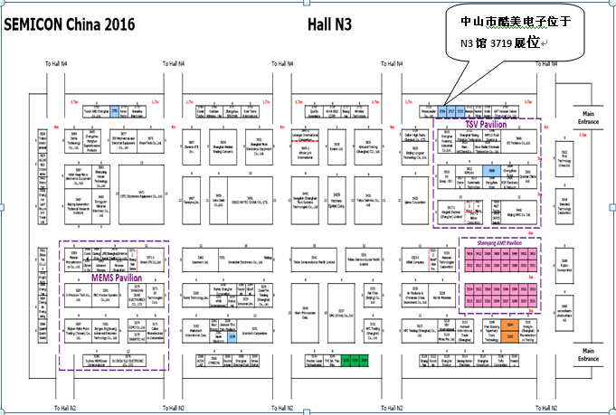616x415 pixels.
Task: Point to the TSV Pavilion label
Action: pos(484,122)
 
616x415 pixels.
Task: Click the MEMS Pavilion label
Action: pos(116,277)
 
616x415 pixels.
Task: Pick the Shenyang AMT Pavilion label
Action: pos(494,243)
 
